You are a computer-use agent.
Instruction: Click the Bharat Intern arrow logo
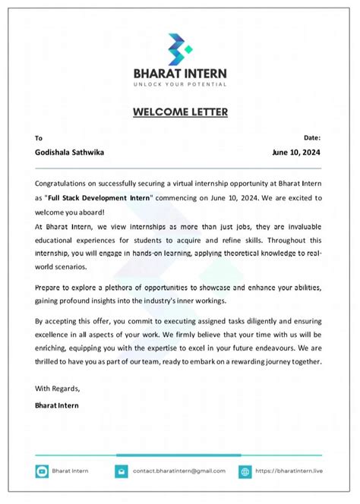tap(180, 49)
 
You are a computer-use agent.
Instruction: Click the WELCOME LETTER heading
tap(180, 112)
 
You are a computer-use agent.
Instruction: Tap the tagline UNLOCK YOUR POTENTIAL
tap(180, 83)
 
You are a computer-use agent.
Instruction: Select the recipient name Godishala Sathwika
tap(70, 152)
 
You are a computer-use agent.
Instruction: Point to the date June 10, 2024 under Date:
tap(296, 152)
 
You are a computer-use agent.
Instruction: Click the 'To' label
tap(39, 138)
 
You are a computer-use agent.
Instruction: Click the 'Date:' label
tap(311, 137)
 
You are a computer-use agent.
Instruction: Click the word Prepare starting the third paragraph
tap(50, 288)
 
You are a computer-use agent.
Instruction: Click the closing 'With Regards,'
tap(58, 389)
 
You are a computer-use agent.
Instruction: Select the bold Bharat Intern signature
tap(57, 405)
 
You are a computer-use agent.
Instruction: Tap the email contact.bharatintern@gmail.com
tap(179, 471)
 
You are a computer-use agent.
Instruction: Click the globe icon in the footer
tap(245, 471)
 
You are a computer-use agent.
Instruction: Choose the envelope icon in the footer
tap(120, 471)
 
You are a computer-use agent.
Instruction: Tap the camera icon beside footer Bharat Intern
tap(42, 471)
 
